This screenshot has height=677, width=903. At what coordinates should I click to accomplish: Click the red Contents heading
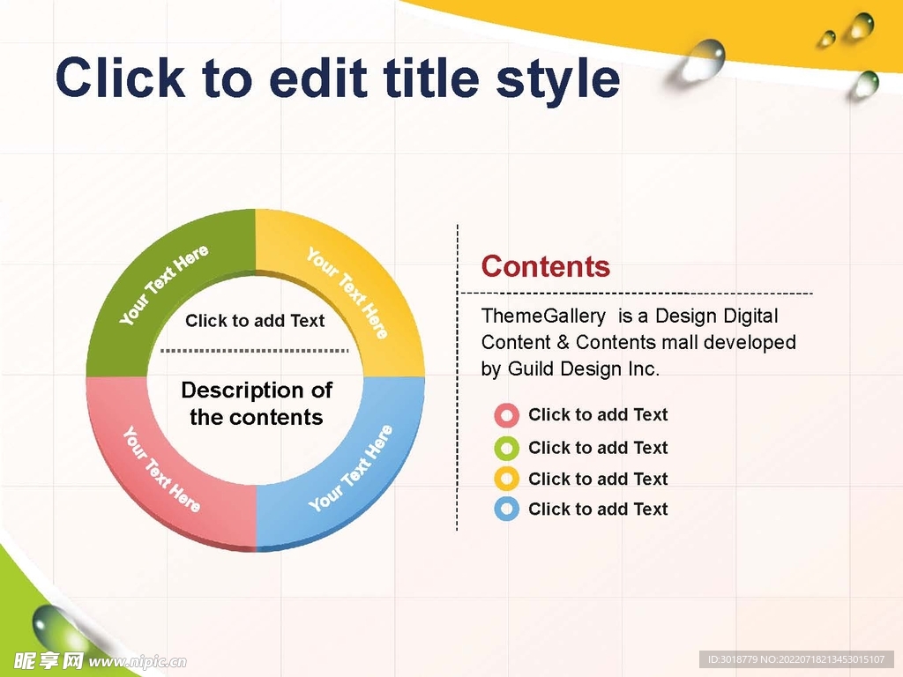[x=545, y=266]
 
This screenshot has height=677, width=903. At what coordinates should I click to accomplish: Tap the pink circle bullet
[x=507, y=415]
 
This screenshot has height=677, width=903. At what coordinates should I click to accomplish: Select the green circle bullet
[x=507, y=448]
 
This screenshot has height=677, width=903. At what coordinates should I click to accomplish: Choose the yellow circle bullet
[x=507, y=479]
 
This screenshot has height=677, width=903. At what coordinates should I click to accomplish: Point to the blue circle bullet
[x=507, y=509]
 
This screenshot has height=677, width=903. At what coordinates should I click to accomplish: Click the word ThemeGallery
[x=543, y=316]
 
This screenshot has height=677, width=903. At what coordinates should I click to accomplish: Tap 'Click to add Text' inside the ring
[x=255, y=321]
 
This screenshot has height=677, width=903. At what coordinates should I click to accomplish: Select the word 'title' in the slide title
[x=431, y=78]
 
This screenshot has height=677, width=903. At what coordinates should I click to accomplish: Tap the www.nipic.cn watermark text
[x=137, y=662]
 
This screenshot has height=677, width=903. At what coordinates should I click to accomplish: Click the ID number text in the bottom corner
[x=796, y=659]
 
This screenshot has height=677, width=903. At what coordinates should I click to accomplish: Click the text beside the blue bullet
[x=598, y=509]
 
